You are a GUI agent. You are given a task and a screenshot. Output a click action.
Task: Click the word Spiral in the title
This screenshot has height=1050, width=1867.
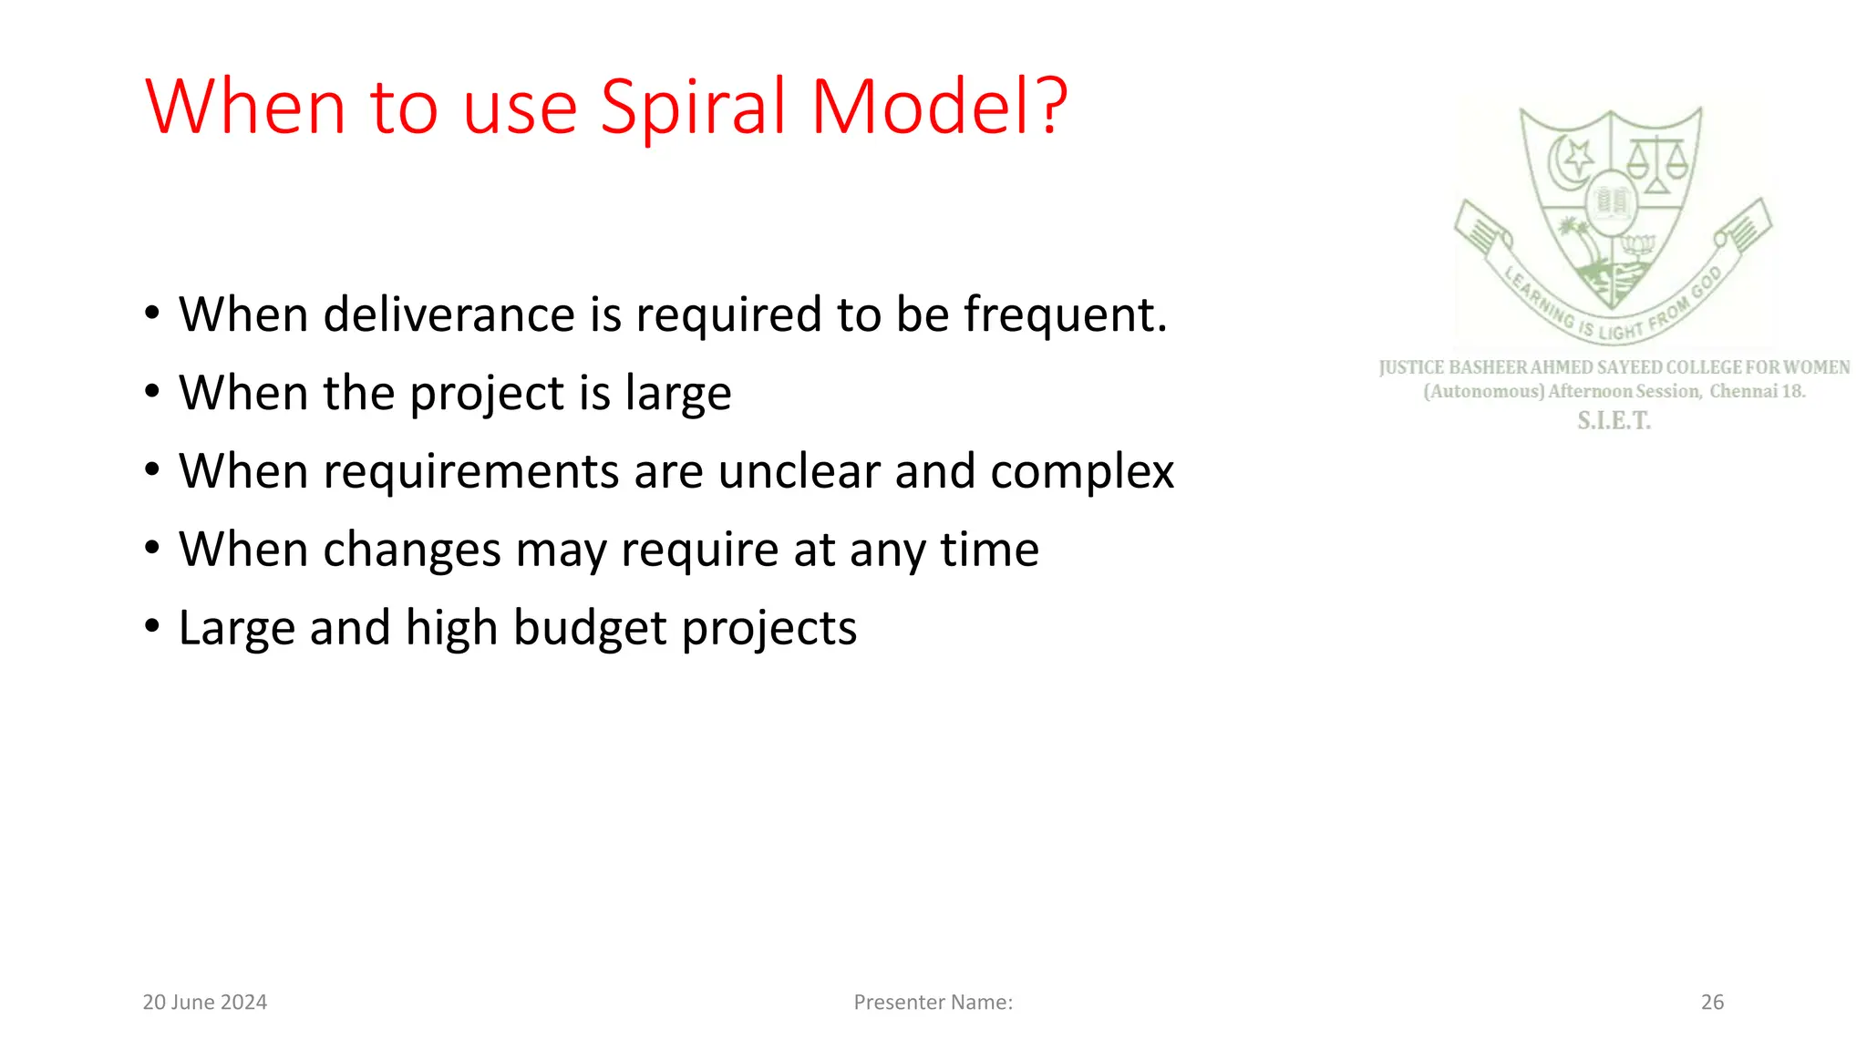693,108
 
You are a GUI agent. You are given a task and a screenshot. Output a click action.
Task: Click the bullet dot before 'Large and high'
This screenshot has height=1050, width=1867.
152,626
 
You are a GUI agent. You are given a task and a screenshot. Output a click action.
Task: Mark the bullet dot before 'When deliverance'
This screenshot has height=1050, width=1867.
152,313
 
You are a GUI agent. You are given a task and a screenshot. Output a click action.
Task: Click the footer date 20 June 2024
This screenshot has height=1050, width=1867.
205,1003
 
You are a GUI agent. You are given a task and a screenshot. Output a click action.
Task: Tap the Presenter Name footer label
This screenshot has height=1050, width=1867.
933,1003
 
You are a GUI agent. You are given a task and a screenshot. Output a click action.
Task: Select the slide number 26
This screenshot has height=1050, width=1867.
1712,1003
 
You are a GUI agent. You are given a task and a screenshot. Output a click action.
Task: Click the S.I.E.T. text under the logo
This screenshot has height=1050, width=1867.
1614,421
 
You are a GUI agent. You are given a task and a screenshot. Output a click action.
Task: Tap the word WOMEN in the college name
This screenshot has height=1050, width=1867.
1816,367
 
